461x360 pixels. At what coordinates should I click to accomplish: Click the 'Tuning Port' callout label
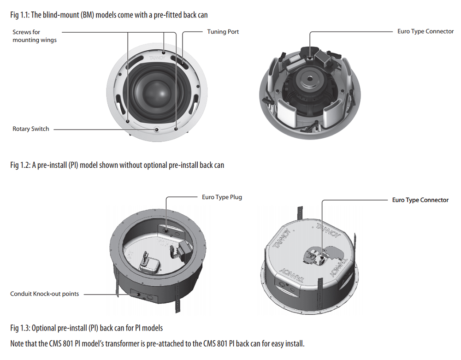(223, 32)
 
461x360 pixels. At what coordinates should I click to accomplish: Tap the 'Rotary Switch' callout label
(30, 129)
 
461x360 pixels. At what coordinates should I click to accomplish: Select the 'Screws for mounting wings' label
(35, 36)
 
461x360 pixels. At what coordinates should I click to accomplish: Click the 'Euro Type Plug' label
(222, 197)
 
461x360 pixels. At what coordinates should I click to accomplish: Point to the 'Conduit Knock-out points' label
(45, 294)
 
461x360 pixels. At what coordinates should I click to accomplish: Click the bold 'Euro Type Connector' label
(420, 200)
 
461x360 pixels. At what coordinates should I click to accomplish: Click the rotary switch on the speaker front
(157, 130)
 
